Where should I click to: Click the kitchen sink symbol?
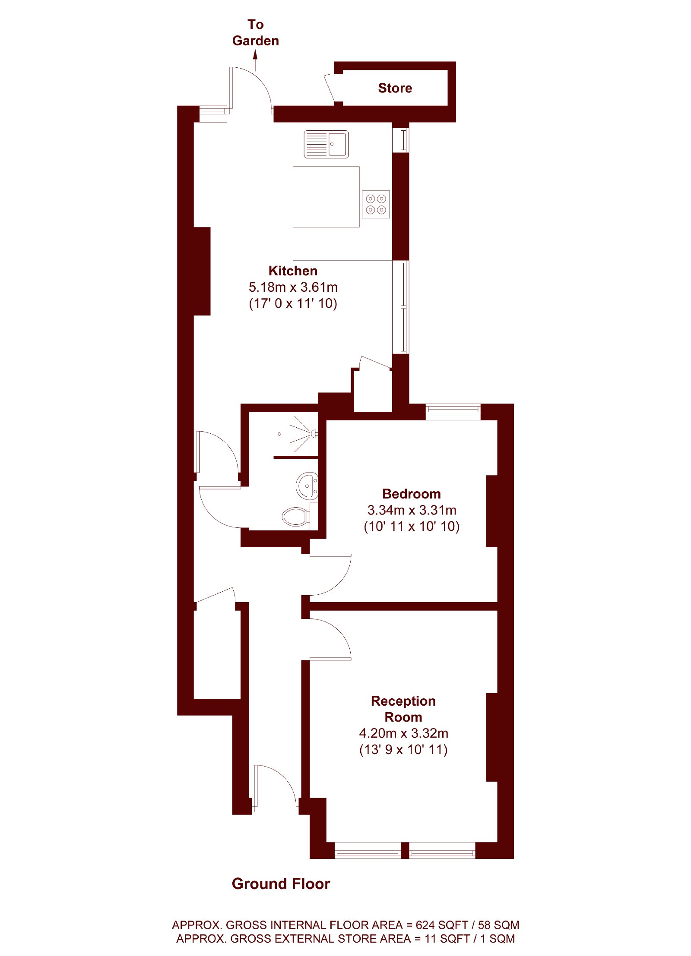tap(326, 144)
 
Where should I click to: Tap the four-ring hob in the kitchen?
tap(376, 204)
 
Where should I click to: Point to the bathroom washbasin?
tap(307, 486)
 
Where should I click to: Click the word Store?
tap(395, 88)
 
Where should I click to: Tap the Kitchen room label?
tap(293, 271)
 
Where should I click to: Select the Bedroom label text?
tap(411, 494)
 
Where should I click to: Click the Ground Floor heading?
tap(281, 883)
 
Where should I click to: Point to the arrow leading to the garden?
tap(255, 60)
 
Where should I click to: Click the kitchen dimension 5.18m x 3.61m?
tap(293, 287)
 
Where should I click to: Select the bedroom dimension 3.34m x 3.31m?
tap(412, 510)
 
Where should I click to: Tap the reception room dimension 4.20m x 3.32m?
tap(403, 733)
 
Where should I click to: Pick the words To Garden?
tap(255, 32)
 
